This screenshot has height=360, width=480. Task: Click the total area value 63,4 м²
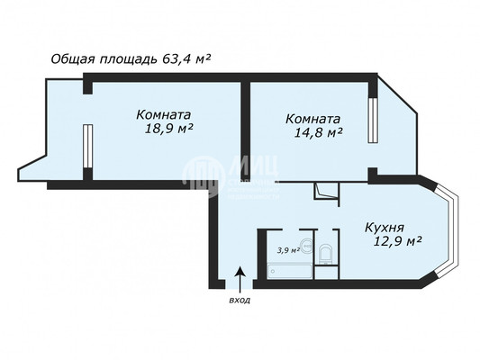(186, 59)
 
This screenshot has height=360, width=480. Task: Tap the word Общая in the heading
(75, 60)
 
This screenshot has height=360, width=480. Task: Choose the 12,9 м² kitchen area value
(394, 241)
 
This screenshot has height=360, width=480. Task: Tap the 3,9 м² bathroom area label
(287, 250)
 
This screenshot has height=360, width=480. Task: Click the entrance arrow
(240, 276)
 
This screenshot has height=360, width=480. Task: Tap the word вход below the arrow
(240, 299)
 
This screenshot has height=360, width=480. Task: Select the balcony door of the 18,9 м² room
(87, 148)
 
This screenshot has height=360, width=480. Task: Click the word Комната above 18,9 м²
(164, 115)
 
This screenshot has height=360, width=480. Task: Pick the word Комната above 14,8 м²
(312, 118)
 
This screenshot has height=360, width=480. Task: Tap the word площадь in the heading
(129, 60)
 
